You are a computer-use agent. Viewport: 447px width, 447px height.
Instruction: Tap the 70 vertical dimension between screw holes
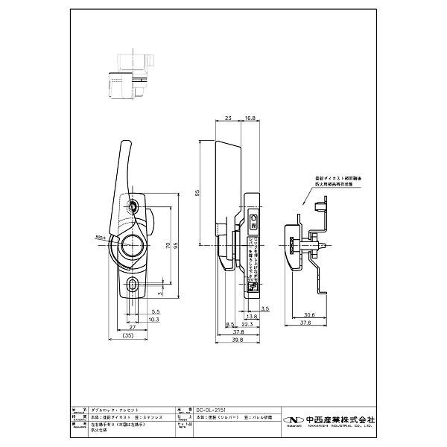[x=168, y=244]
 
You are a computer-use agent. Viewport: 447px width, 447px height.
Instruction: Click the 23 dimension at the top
[x=228, y=117]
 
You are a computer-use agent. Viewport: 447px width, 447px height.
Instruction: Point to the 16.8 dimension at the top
[x=250, y=117]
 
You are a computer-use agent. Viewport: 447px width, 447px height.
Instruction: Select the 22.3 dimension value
[x=247, y=323]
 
